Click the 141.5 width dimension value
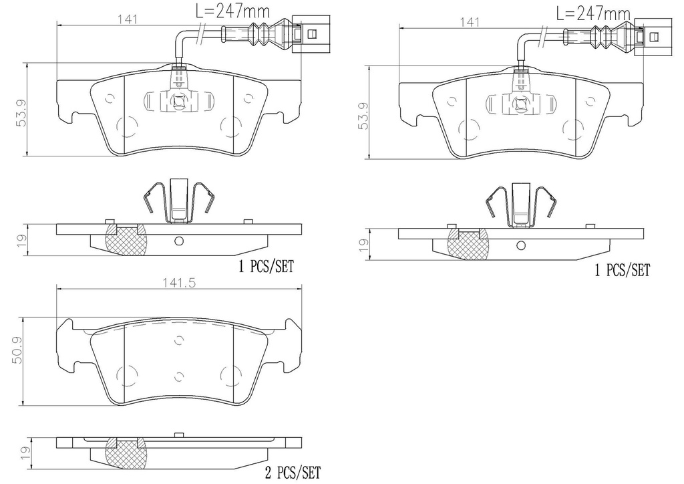click(179, 282)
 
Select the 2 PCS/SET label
click(293, 472)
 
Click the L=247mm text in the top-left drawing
click(232, 10)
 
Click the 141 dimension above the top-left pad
click(128, 19)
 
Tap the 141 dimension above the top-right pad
click(470, 22)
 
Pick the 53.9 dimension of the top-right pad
click(364, 116)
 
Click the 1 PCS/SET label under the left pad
click(266, 266)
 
